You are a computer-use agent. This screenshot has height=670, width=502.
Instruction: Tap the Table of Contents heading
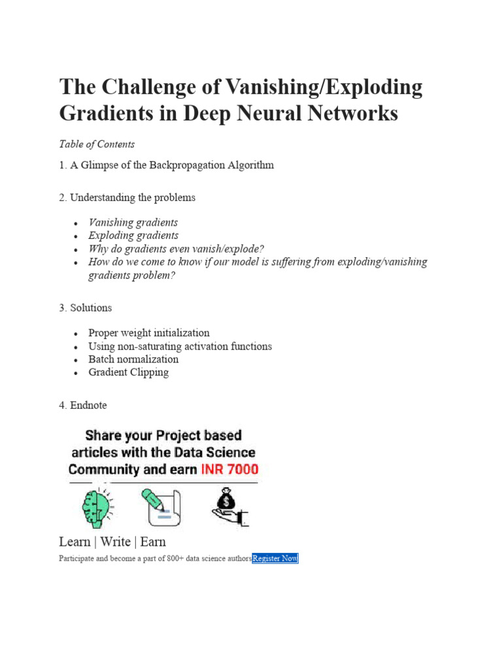click(97, 144)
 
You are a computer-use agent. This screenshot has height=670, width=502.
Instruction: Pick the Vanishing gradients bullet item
click(133, 222)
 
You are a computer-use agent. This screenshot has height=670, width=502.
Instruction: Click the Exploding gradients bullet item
click(133, 236)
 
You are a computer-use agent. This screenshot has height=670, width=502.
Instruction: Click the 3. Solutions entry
click(86, 308)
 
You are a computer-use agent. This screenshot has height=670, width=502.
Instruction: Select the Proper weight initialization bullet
click(149, 333)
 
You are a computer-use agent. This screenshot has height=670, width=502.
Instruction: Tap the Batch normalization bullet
click(133, 359)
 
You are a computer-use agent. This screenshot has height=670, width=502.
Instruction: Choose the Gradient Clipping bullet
click(129, 372)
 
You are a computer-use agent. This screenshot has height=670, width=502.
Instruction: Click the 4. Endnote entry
click(83, 405)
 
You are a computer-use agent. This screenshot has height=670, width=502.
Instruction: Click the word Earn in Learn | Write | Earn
click(153, 542)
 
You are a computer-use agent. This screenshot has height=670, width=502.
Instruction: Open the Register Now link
click(275, 558)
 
